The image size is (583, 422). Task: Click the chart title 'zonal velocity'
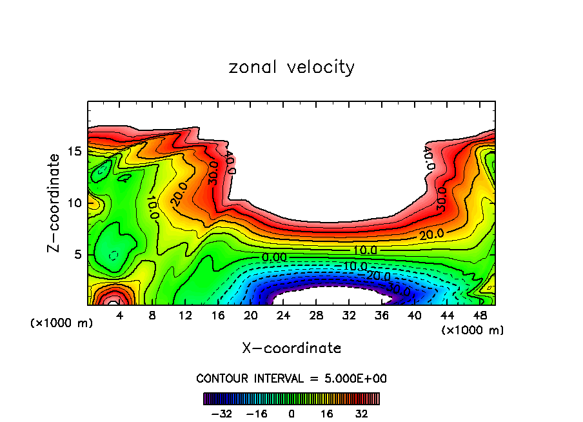click(291, 67)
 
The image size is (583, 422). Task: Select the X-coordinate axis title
click(291, 348)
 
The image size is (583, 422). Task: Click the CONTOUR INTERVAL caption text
click(291, 378)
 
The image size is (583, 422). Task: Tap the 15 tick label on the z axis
click(75, 152)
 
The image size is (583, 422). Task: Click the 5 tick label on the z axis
click(79, 255)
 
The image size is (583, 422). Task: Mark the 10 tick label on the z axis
click(75, 203)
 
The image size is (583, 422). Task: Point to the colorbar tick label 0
click(291, 412)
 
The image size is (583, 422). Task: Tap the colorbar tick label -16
click(257, 412)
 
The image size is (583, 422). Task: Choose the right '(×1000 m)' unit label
click(473, 330)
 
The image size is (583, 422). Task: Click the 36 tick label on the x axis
click(381, 317)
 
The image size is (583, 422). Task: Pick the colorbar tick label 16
click(326, 412)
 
